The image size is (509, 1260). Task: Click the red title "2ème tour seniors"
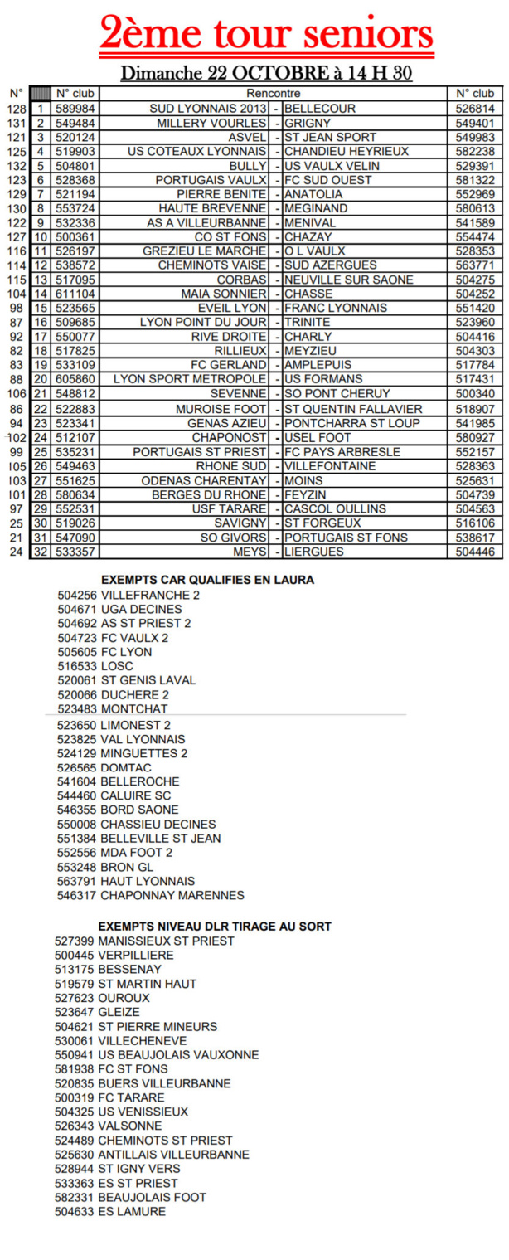pyautogui.click(x=266, y=35)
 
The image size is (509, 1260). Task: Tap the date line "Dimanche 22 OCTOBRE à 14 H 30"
pyautogui.click(x=266, y=73)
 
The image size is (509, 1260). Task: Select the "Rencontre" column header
pyautogui.click(x=274, y=94)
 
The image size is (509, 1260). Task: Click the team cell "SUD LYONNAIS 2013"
pyautogui.click(x=208, y=109)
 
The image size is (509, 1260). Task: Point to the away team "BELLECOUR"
pyautogui.click(x=320, y=109)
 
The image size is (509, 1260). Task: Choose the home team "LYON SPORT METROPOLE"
pyautogui.click(x=190, y=380)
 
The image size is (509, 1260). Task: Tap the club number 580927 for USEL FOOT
pyautogui.click(x=475, y=437)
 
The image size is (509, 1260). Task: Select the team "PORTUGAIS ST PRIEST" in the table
pyautogui.click(x=200, y=452)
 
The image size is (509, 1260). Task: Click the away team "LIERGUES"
pyautogui.click(x=314, y=552)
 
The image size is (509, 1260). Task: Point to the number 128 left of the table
pyautogui.click(x=16, y=109)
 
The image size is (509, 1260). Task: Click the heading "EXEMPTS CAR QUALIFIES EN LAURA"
pyautogui.click(x=207, y=580)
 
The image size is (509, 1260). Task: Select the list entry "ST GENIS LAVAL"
pyautogui.click(x=148, y=680)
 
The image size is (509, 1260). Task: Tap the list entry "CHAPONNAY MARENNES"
pyautogui.click(x=172, y=895)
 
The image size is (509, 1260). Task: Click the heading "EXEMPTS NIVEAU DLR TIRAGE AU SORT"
pyautogui.click(x=215, y=926)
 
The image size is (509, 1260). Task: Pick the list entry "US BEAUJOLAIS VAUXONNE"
pyautogui.click(x=178, y=1055)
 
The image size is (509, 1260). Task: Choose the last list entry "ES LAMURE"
pyautogui.click(x=132, y=1212)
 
